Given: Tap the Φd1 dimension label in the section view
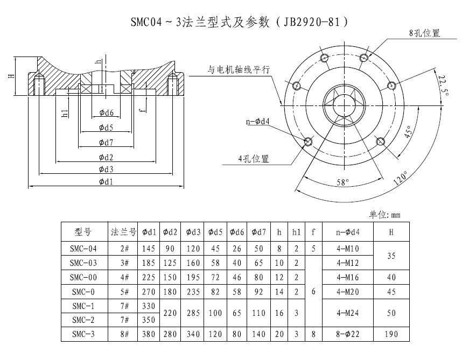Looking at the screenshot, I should coord(106,182).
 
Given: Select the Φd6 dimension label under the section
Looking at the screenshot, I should coord(106,113).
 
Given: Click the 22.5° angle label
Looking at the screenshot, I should coord(443,85).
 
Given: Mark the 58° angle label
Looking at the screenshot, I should coord(343,182).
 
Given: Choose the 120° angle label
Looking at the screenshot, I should coord(401,178).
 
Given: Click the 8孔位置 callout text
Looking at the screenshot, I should coord(424,33).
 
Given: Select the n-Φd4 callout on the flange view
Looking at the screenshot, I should coord(257,122).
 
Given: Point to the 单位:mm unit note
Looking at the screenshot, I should coord(384,215).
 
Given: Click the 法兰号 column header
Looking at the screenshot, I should coord(121,232).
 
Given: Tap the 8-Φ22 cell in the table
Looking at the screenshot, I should coord(347,334).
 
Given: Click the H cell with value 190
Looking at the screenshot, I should coord(391,334).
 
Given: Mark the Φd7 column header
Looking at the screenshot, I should coord(259,232).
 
